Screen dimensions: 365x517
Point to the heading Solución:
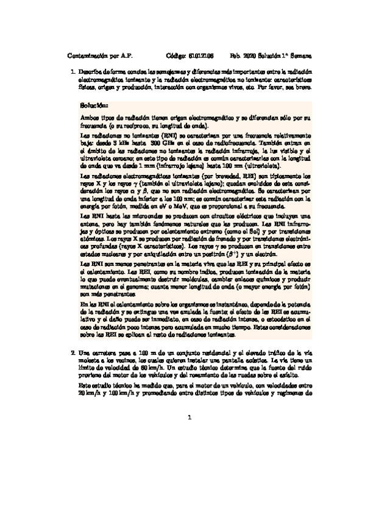pos(93,105)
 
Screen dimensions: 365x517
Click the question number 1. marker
pos(73,72)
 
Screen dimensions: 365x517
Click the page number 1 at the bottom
pos(190,418)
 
